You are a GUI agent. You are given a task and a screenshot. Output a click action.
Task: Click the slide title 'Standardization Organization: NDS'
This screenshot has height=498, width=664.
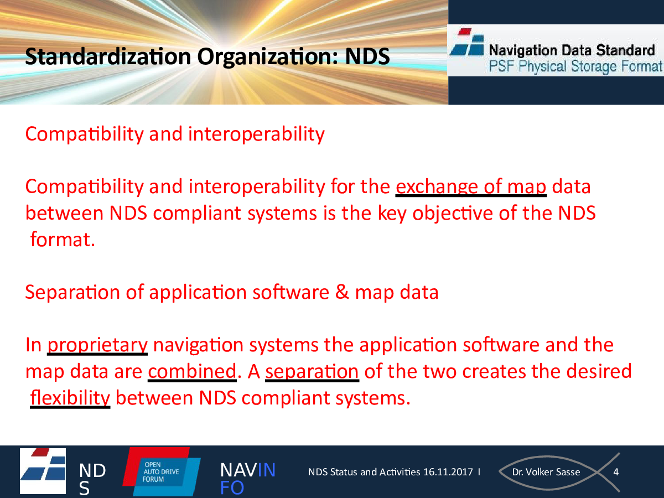pos(207,56)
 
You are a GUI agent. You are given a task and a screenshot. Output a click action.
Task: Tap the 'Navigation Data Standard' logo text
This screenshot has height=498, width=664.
pos(572,50)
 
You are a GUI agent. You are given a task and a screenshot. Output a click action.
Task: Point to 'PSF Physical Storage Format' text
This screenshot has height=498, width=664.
pos(575,66)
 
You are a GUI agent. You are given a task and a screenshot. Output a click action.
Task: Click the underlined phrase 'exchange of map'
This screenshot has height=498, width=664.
pos(471,186)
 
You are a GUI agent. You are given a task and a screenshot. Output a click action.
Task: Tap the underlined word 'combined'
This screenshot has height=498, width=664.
pos(192,371)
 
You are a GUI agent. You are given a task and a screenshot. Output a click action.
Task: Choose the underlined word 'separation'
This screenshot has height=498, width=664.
pos(312,371)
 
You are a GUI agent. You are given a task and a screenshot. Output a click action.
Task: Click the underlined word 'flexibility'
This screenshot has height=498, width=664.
pos(70,398)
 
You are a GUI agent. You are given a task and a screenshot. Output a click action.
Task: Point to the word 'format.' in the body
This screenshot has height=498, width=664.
pos(63,240)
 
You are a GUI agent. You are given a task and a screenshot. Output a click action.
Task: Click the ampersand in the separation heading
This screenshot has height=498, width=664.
pos(342,292)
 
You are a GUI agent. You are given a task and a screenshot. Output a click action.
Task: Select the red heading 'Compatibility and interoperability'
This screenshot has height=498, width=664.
pos(175,134)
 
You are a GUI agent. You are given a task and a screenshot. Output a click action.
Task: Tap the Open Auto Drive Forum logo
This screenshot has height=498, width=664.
pos(162,471)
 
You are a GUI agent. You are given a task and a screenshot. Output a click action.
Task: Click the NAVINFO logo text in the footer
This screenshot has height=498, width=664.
pos(248,479)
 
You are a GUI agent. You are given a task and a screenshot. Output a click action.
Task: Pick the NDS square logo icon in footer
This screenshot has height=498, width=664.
pos(43,471)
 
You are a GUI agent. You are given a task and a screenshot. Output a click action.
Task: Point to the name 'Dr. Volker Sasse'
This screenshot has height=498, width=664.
pos(546,472)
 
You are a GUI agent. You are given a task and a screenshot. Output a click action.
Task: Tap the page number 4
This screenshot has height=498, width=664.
pos(616,472)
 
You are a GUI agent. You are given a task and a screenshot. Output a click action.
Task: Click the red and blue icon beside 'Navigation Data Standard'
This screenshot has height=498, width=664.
pos(467,42)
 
